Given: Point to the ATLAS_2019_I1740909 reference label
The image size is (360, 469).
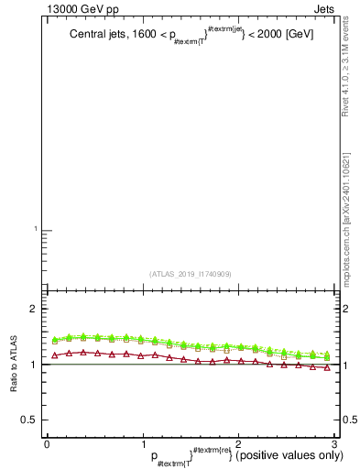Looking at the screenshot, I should tap(191, 274).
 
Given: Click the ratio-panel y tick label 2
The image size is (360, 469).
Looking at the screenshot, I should tap(32, 310).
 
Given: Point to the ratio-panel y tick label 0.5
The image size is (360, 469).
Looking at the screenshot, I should tap(27, 420).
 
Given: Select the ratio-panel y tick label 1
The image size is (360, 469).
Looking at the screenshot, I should tap(32, 365).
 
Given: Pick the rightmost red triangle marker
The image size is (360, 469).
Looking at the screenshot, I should tap(327, 367).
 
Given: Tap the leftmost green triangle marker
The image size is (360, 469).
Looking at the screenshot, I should tap(54, 339).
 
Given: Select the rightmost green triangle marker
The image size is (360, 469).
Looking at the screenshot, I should tap(327, 354).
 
